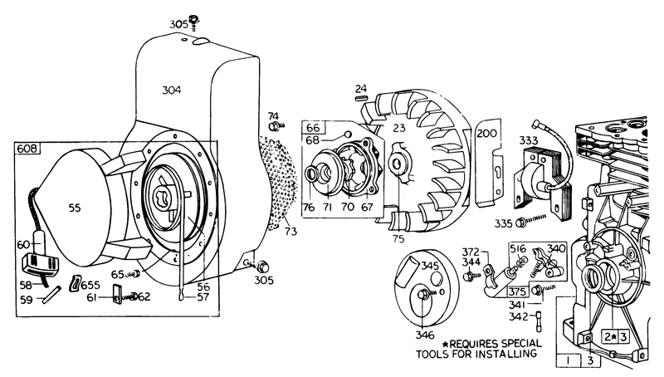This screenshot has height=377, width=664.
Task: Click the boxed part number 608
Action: click(x=27, y=149)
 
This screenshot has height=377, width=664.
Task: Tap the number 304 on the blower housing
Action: click(x=172, y=90)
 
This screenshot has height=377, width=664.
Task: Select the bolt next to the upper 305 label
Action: click(x=194, y=22)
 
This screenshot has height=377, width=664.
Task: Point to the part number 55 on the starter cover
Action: click(x=75, y=208)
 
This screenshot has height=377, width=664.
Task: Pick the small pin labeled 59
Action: click(x=51, y=294)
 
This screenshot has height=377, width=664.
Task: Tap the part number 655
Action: click(x=90, y=285)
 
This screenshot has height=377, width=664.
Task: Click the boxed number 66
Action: click(x=313, y=128)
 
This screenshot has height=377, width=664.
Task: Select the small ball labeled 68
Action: click(x=349, y=134)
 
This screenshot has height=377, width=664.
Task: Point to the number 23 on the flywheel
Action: click(x=399, y=127)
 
